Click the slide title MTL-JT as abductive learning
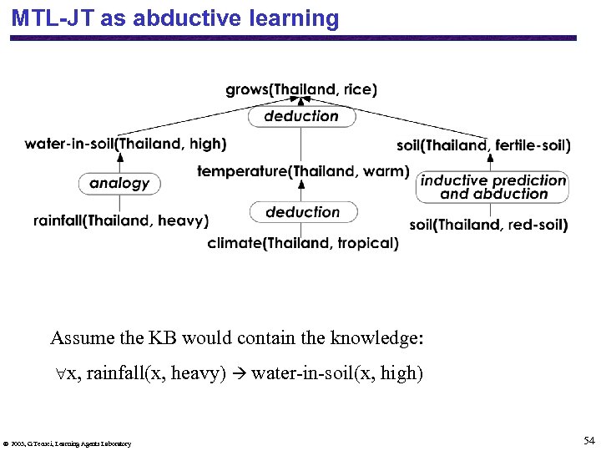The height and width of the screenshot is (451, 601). (x=175, y=18)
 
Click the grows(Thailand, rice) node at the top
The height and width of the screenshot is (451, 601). (x=300, y=89)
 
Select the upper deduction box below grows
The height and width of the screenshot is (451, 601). (x=301, y=116)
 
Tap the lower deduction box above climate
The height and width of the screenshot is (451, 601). (x=303, y=212)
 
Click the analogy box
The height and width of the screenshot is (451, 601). (x=119, y=183)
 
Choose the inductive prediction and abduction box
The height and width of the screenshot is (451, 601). (x=492, y=187)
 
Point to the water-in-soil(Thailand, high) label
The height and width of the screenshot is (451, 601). (x=125, y=144)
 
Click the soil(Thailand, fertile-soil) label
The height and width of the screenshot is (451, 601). (x=483, y=145)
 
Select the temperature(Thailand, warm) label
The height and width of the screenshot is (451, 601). (x=303, y=171)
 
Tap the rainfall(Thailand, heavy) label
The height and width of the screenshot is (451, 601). (x=121, y=220)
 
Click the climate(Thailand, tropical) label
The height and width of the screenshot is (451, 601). (x=303, y=243)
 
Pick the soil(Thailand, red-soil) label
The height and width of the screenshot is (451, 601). (x=488, y=225)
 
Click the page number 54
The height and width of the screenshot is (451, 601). (x=588, y=440)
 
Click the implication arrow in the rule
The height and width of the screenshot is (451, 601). (x=239, y=373)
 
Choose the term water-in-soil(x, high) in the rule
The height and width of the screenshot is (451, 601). (x=337, y=373)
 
